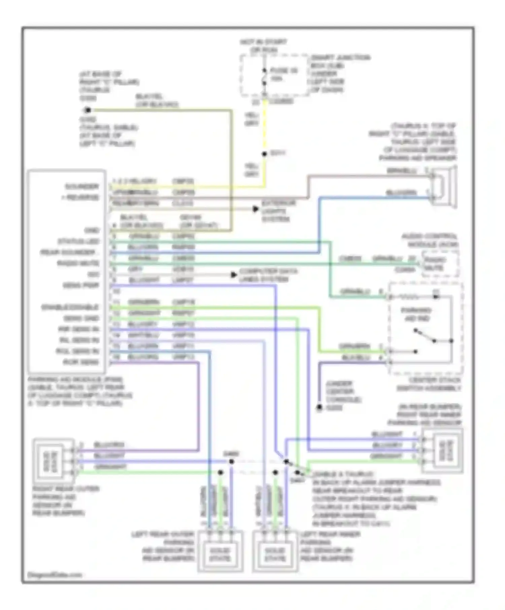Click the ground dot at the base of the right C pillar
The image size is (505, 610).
pyautogui.click(x=88, y=110)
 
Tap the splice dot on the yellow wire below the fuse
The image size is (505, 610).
pyautogui.click(x=265, y=154)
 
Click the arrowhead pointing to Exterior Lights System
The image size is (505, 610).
pyautogui.click(x=256, y=209)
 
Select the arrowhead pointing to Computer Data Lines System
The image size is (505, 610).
pyautogui.click(x=234, y=275)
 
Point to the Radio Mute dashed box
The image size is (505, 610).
pyautogui.click(x=439, y=264)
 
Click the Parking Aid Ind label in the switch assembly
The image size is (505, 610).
pyautogui.click(x=417, y=314)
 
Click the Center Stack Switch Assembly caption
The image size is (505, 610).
pyautogui.click(x=429, y=384)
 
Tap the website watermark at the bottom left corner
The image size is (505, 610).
pyautogui.click(x=55, y=575)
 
